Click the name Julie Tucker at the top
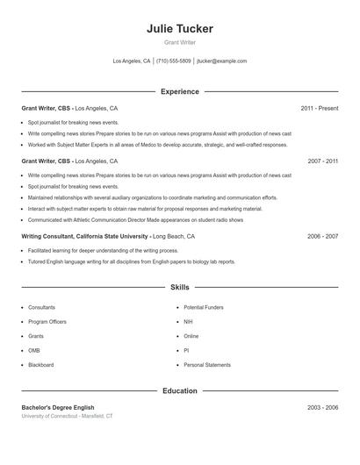click(179, 29)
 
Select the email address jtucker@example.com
click(221, 61)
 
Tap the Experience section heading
click(179, 91)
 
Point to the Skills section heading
click(179, 287)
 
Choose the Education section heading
click(179, 390)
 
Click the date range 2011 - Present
click(319, 109)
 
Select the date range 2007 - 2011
click(322, 161)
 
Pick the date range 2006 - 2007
click(322, 236)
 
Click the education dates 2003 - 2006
click(322, 408)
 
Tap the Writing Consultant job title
click(83, 236)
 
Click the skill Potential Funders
click(204, 308)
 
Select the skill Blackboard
click(41, 365)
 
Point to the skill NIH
click(189, 322)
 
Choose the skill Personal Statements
click(207, 365)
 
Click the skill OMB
click(35, 351)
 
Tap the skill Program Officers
click(47, 322)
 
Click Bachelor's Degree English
click(58, 408)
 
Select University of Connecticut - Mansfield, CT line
click(67, 416)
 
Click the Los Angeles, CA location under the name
click(132, 61)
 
